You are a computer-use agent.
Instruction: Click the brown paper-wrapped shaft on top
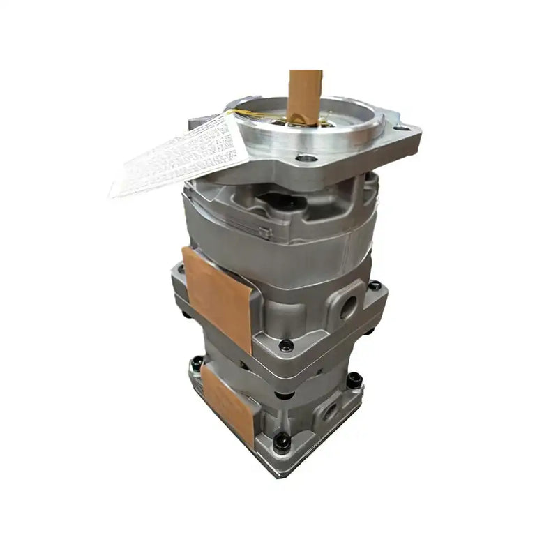click(305, 94)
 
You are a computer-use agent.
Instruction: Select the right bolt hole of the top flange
click(402, 128)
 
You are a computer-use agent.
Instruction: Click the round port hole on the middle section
click(348, 304)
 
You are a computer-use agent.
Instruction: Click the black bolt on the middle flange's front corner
click(285, 345)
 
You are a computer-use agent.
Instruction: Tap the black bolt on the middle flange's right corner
click(375, 285)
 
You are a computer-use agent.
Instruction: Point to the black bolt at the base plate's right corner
click(354, 379)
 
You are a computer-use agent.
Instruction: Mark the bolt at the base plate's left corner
click(197, 363)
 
